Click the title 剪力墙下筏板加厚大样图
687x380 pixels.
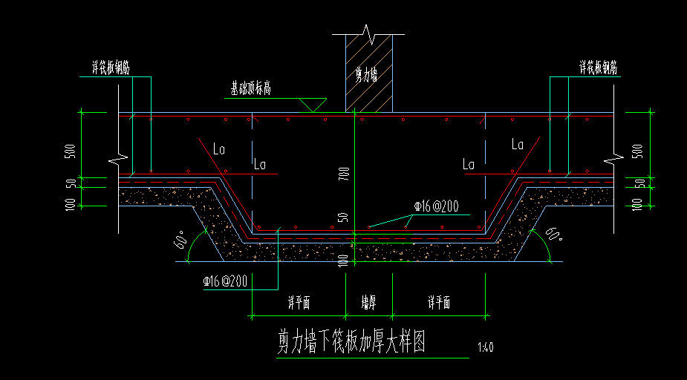pos(351,342)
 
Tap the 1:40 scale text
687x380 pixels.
pos(486,347)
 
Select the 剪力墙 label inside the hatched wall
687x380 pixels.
pos(367,73)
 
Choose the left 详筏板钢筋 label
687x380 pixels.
pos(105,68)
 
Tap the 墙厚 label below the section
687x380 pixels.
pos(368,303)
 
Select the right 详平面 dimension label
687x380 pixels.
pos(439,303)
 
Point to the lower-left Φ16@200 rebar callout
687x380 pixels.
pos(224,281)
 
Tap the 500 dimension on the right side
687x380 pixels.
pos(636,151)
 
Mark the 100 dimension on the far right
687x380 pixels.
pos(636,203)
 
